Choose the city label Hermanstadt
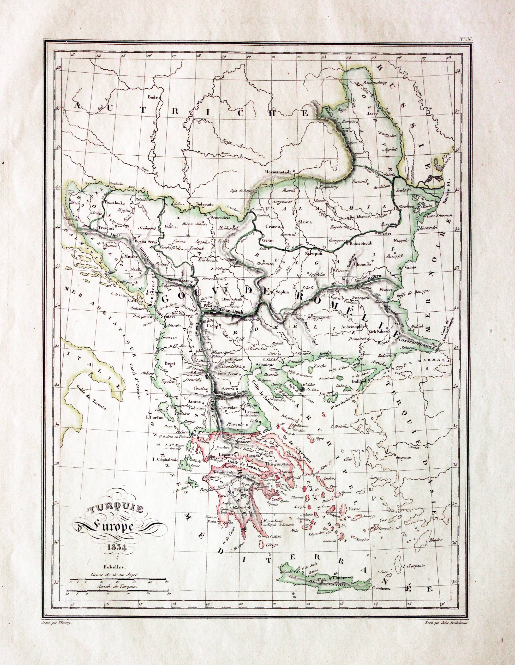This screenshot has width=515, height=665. pos(278,171)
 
